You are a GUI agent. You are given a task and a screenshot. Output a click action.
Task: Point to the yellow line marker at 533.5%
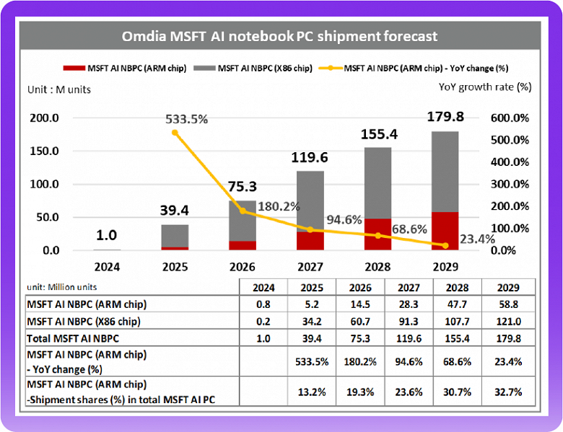click(x=174, y=133)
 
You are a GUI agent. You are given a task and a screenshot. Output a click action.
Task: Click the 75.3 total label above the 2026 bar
click(x=241, y=187)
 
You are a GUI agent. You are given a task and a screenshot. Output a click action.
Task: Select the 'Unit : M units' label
click(x=59, y=89)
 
